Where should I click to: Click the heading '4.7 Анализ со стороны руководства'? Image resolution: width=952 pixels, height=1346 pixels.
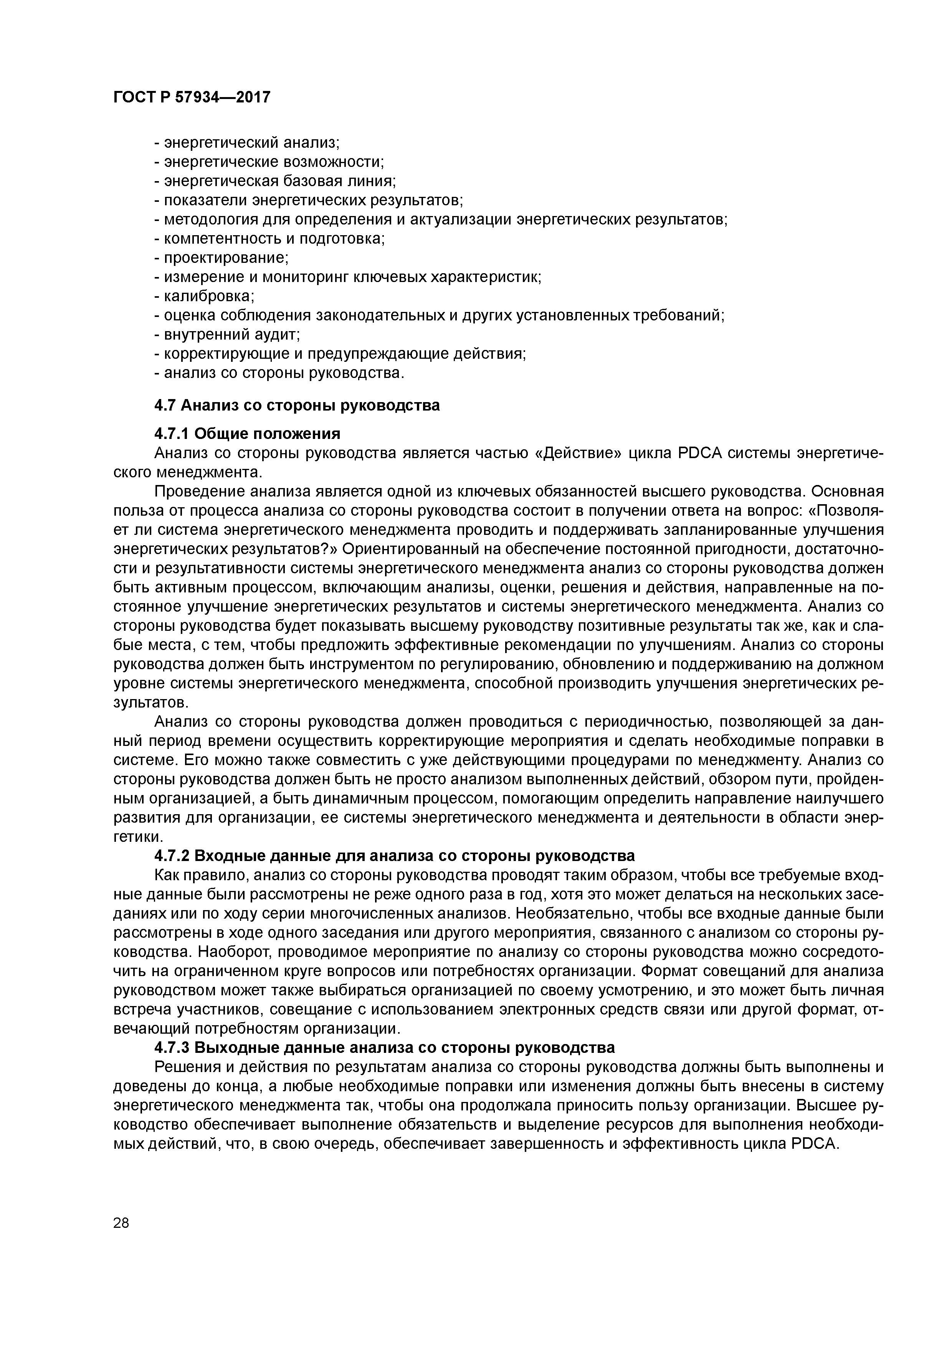[297, 405]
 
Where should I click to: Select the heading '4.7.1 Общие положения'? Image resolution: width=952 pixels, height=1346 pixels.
[247, 434]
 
